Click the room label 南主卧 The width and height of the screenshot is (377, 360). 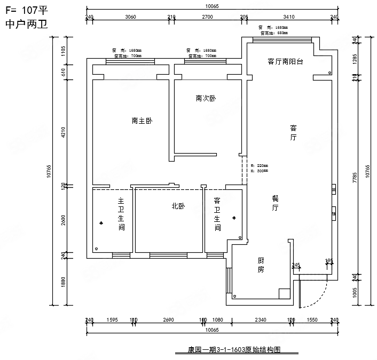tap(142, 121)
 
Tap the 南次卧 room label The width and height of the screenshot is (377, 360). tap(206, 99)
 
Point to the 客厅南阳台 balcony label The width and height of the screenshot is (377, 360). tap(285, 61)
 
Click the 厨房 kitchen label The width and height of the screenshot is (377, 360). tap(261, 265)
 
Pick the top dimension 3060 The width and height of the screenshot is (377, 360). tap(130, 17)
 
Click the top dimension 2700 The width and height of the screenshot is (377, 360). tap(207, 17)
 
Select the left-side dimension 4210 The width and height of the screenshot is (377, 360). tap(63, 132)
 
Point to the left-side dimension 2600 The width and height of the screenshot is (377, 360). tap(63, 220)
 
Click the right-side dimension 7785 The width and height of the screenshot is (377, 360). tap(355, 178)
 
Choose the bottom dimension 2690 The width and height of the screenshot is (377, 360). tap(168, 320)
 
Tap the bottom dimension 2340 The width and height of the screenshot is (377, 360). tap(260, 320)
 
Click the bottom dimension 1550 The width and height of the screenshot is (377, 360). tap(312, 320)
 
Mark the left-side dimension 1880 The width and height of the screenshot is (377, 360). tap(63, 281)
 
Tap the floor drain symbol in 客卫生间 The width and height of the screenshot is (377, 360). tap(233, 218)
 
